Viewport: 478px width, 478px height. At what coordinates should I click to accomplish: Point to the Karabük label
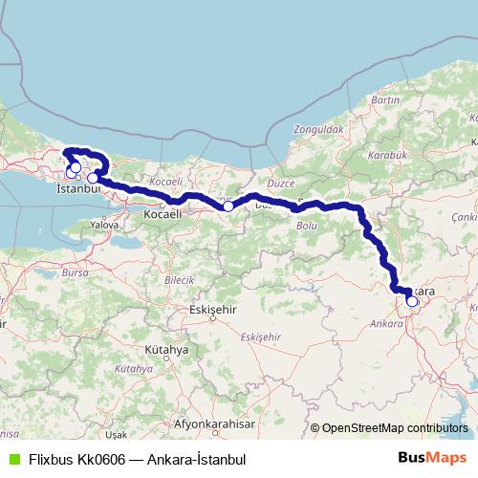point(391,154)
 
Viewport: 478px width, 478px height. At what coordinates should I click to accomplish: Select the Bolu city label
point(307,226)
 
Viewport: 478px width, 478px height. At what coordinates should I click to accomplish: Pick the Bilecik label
point(179,280)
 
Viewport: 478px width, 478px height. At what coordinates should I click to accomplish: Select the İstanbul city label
point(79,190)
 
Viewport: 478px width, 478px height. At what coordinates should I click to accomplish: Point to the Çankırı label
point(467,217)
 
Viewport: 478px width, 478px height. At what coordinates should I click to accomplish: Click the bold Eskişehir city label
point(211,311)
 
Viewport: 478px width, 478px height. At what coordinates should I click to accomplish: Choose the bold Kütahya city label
point(168,350)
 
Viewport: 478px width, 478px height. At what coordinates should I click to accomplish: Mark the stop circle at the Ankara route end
point(412,301)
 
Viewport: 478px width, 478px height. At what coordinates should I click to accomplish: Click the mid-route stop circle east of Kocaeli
point(228,206)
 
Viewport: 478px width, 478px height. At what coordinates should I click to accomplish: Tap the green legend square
point(11,459)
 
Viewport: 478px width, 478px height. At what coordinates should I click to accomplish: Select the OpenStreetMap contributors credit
point(394,428)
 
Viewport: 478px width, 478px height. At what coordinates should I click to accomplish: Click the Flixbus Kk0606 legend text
point(137,459)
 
